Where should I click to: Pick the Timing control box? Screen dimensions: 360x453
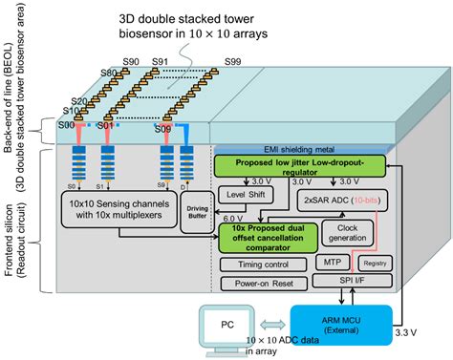[256, 263]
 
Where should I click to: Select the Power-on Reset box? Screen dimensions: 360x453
[257, 284]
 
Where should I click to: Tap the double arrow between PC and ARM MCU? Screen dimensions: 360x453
[272, 321]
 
